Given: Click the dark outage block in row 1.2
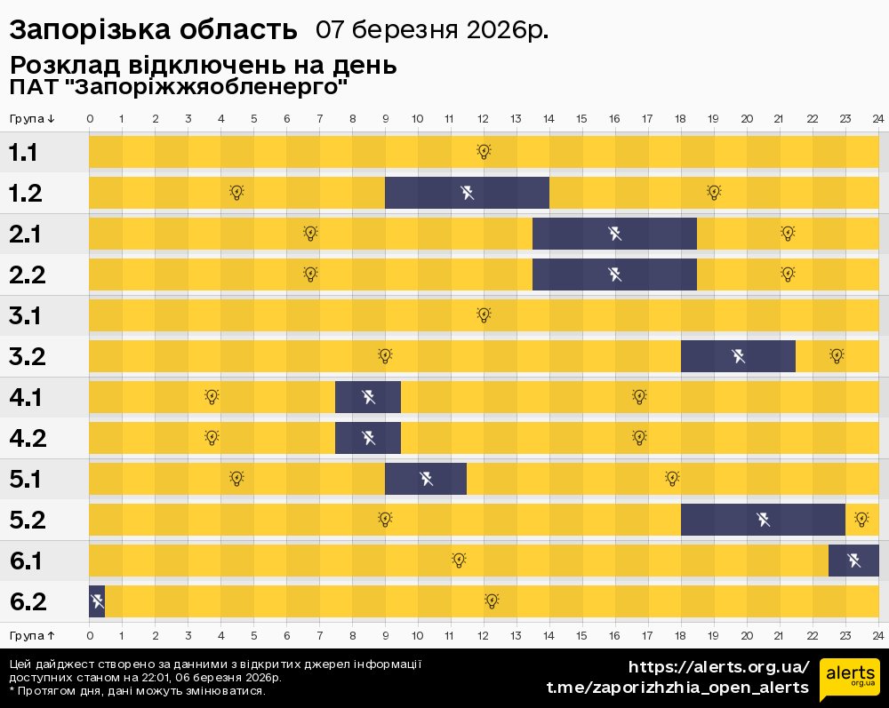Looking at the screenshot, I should click(467, 193).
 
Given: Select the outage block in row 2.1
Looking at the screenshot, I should click(614, 234).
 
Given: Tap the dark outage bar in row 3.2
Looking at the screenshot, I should click(738, 356).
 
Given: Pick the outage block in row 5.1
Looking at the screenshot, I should click(426, 479).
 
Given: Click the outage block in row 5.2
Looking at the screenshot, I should click(763, 520).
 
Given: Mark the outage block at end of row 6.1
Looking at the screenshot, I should click(853, 561).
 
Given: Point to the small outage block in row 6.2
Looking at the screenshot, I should click(97, 601).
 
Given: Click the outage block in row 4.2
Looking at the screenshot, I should click(368, 438).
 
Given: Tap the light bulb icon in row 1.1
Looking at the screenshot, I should click(484, 152).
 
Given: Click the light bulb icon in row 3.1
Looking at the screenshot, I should click(484, 314).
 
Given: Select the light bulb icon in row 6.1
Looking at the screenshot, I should click(459, 560).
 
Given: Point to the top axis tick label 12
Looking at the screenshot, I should click(483, 119).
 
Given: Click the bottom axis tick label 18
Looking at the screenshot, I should click(680, 636).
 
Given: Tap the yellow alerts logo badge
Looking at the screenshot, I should click(849, 680).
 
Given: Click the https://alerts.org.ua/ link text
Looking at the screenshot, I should click(718, 667).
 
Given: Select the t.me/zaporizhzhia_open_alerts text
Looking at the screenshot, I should click(677, 688).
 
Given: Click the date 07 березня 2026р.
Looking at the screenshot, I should click(432, 30).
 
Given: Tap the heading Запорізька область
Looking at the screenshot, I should click(153, 30).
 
